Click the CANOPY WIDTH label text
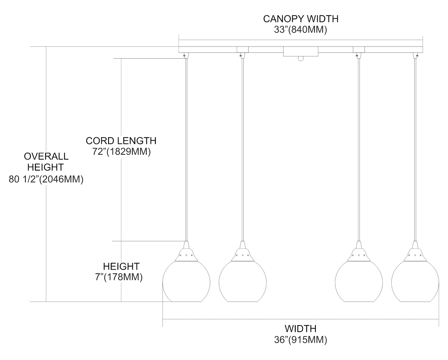pos(300,19)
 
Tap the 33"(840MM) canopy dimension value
pos(300,30)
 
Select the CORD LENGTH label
pos(121,141)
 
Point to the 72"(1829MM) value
pos(121,152)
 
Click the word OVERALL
pos(46,156)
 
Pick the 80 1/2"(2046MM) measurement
pos(46,179)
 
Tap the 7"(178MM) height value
pos(119,277)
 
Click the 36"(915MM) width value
pos(300,340)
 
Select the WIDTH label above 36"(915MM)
pos(300,329)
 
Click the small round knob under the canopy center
pos(300,59)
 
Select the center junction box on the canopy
pos(300,51)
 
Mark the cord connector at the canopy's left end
pos(186,55)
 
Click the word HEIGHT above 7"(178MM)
pos(121,266)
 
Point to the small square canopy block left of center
pos(243,49)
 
